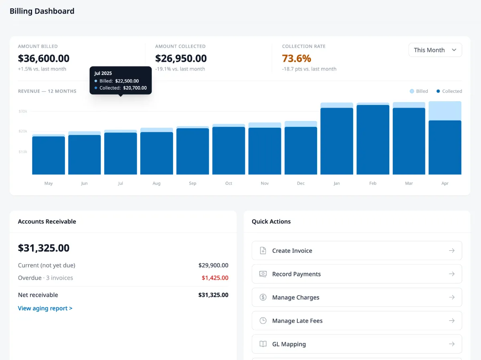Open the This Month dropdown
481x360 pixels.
click(x=435, y=50)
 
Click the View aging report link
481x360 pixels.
click(x=45, y=308)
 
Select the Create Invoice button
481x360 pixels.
click(x=356, y=251)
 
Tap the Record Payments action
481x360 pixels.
click(x=356, y=274)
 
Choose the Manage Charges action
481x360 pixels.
click(x=356, y=298)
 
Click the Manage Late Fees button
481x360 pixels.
click(x=356, y=321)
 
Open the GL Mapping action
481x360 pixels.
click(x=356, y=344)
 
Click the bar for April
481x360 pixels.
click(x=445, y=144)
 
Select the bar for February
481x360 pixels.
click(x=373, y=140)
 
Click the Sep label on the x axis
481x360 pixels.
click(x=192, y=183)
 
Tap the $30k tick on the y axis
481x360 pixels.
click(x=23, y=111)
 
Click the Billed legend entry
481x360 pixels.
click(x=419, y=91)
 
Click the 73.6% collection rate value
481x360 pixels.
click(x=297, y=58)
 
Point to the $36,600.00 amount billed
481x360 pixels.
click(x=44, y=58)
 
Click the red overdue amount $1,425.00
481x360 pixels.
click(x=215, y=278)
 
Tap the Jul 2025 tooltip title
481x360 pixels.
click(x=103, y=73)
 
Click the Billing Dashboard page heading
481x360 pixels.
click(x=42, y=11)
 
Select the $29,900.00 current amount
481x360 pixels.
click(x=213, y=265)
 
